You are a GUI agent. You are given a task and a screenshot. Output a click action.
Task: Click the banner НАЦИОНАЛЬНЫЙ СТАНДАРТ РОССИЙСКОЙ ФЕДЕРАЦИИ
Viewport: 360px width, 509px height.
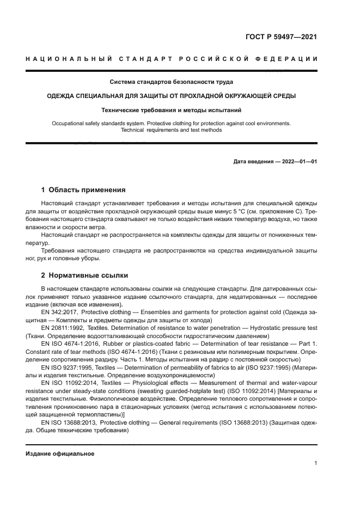172,58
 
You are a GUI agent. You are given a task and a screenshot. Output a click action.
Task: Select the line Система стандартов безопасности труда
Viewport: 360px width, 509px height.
172,82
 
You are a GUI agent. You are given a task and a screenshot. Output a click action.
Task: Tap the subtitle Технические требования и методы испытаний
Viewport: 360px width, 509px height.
172,109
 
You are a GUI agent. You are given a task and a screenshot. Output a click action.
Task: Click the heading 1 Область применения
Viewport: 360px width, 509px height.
83,190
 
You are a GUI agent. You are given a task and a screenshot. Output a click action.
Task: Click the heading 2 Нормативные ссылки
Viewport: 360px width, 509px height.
84,275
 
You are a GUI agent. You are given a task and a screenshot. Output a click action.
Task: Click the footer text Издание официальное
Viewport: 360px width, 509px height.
60,453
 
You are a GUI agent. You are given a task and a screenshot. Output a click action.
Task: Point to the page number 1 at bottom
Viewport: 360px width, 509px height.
315,463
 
